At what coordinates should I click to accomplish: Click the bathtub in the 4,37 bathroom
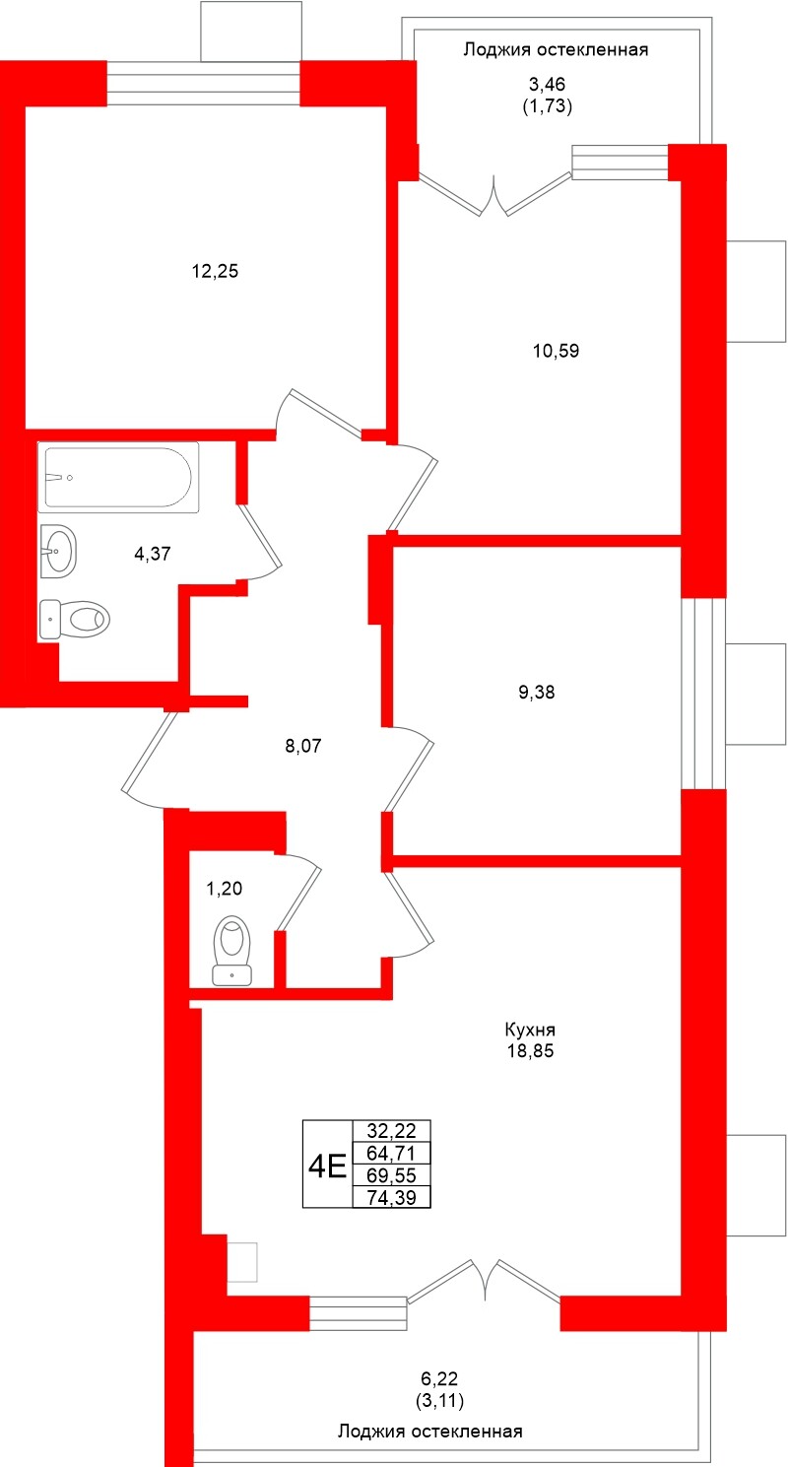click(118, 477)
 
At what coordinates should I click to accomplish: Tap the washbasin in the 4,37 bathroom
click(58, 550)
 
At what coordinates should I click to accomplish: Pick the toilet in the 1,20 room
click(232, 950)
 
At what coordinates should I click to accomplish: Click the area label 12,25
click(215, 271)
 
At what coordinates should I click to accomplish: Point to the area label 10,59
click(557, 351)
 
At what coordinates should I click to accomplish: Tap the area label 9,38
click(537, 692)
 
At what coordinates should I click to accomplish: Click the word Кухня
click(530, 1030)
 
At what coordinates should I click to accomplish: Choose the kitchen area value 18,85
click(530, 1051)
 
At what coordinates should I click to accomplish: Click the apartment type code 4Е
click(326, 1167)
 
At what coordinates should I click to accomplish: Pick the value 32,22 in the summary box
click(392, 1131)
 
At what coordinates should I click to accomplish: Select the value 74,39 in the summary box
click(392, 1197)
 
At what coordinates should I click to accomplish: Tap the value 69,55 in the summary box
click(392, 1175)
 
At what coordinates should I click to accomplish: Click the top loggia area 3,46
click(547, 84)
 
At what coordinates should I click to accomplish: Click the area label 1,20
click(224, 888)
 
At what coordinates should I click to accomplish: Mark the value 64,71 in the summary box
click(392, 1153)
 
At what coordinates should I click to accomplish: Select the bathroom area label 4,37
click(152, 554)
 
